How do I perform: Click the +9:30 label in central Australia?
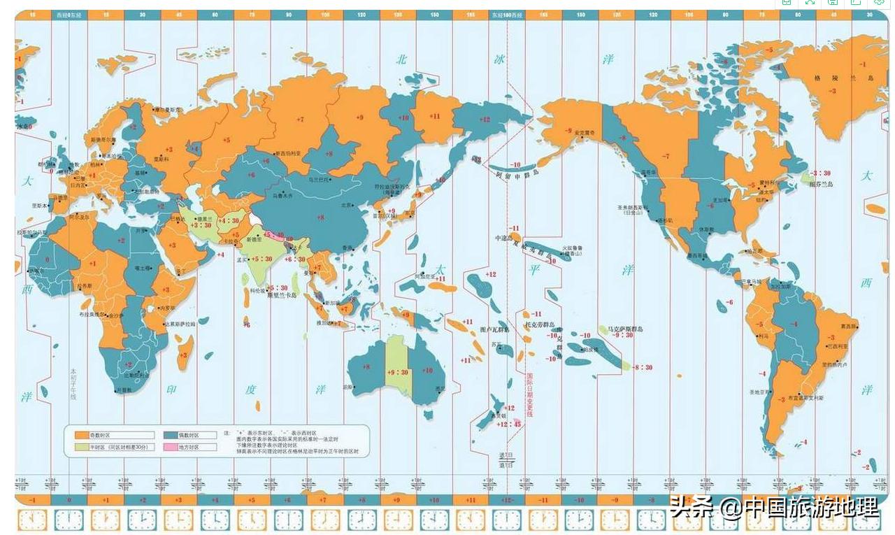[397, 372]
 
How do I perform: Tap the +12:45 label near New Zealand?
[508, 424]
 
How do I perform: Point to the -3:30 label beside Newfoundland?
[820, 173]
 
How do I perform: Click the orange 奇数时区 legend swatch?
[82, 435]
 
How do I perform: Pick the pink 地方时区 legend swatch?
[169, 447]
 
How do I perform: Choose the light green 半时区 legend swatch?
[82, 447]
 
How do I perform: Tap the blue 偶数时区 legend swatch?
[169, 435]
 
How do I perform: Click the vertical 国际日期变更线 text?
[529, 394]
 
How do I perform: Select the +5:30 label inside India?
[261, 259]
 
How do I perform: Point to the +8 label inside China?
[320, 217]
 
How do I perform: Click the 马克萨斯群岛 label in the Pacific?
[624, 328]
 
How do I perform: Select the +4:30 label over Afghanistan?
[229, 221]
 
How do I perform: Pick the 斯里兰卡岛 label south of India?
[282, 295]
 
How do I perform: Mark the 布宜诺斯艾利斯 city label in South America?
[805, 397]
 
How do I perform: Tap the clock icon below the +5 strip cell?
[251, 520]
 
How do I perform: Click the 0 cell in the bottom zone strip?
[69, 500]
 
